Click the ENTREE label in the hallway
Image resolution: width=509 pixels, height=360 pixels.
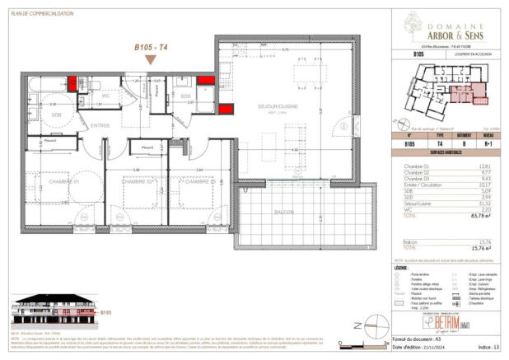click(100, 125)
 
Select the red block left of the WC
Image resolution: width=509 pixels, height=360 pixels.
click(74, 83)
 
